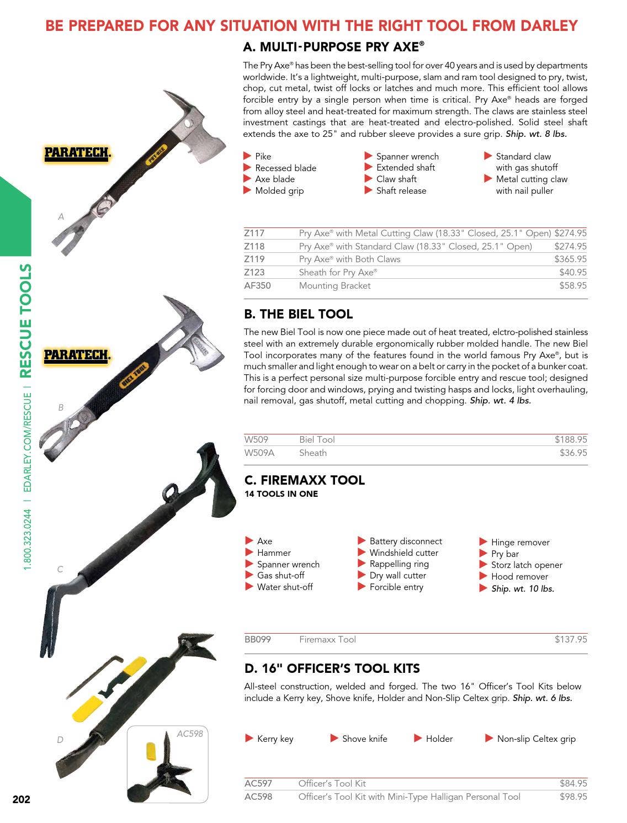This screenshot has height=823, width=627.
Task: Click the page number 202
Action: coord(21,799)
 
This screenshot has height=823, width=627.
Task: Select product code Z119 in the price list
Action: coord(254,259)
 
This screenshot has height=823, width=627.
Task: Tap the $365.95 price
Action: coord(570,259)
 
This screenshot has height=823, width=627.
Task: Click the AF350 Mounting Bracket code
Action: coord(257,285)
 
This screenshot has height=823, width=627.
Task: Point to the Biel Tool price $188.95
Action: coord(570,439)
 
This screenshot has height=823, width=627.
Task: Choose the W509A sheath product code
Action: coord(259,453)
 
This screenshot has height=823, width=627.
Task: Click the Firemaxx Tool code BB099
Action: coord(257,639)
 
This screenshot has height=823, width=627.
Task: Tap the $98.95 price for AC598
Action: coord(573,797)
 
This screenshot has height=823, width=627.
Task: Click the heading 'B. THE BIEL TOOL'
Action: coord(298,314)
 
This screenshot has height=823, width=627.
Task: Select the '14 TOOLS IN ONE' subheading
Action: coord(281,494)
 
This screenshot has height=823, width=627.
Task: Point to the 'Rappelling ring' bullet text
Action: coord(399,564)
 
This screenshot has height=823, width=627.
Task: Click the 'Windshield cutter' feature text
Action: coord(403,553)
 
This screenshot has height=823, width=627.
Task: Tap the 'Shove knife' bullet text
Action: coord(364,739)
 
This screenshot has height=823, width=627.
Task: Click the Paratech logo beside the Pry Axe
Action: coord(78,153)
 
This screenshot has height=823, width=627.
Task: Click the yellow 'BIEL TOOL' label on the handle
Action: coord(134,375)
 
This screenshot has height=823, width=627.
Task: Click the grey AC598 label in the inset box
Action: coord(190,734)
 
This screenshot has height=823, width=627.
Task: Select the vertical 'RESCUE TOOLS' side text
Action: coord(25,321)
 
